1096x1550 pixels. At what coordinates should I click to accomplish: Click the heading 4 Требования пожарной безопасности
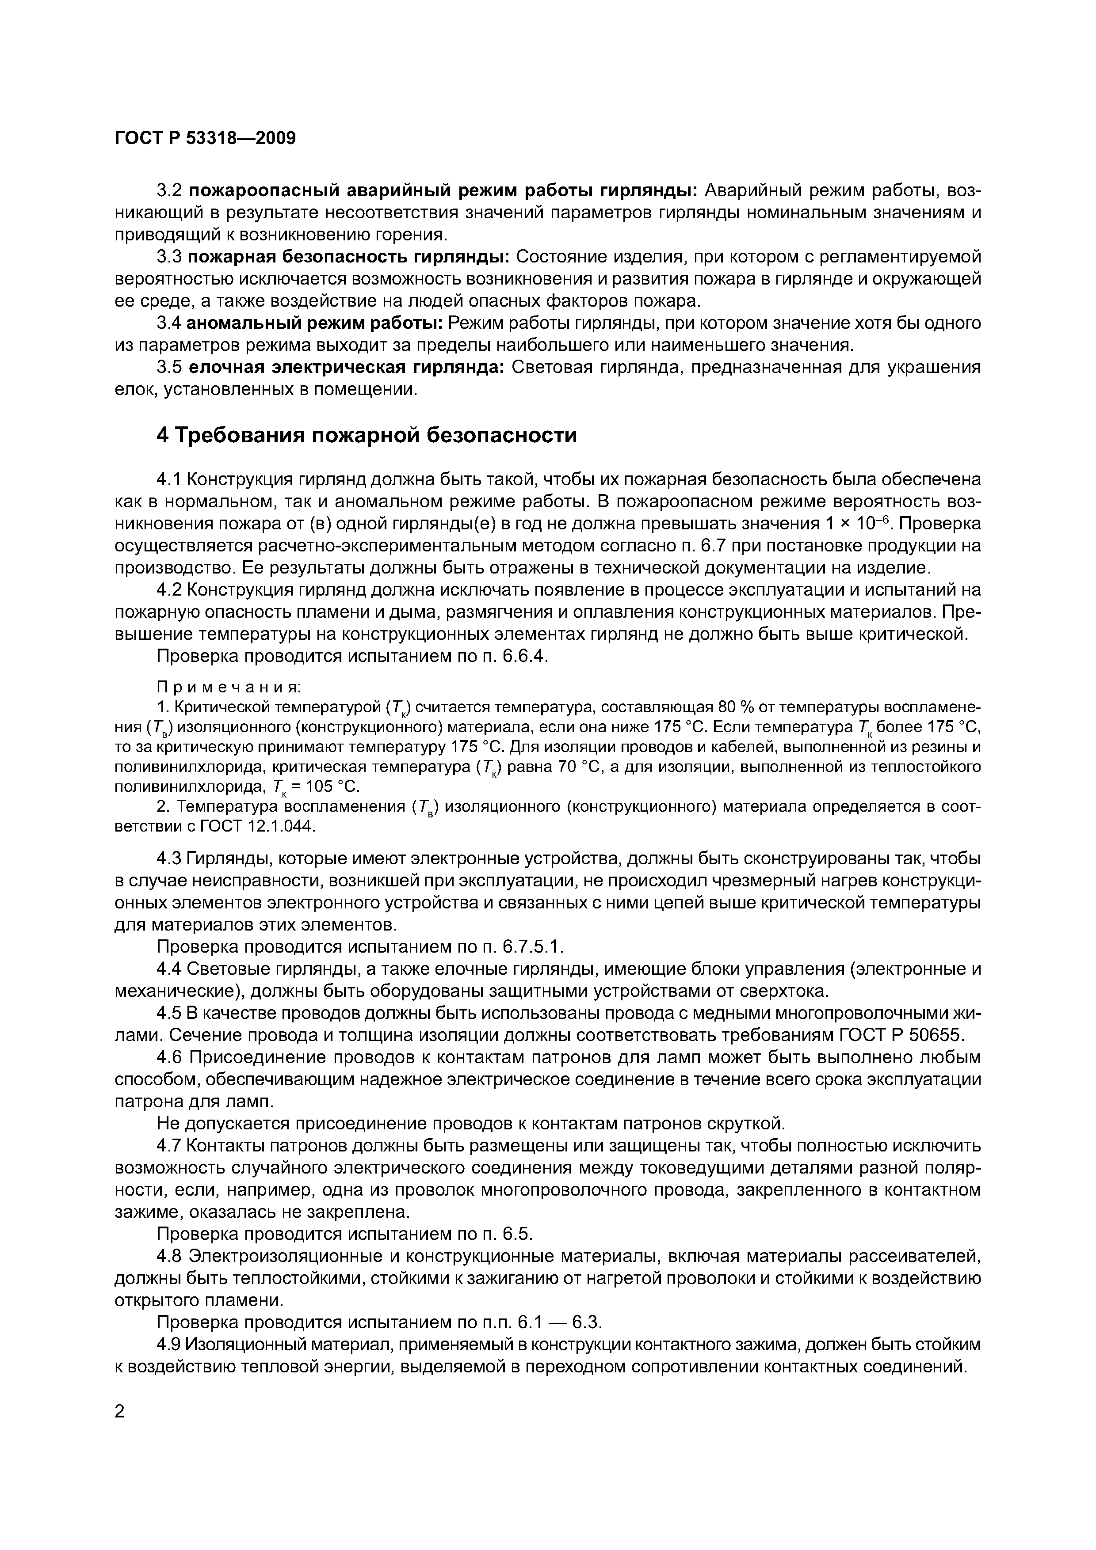366,435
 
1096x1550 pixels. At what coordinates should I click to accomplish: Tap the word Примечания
229,687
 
